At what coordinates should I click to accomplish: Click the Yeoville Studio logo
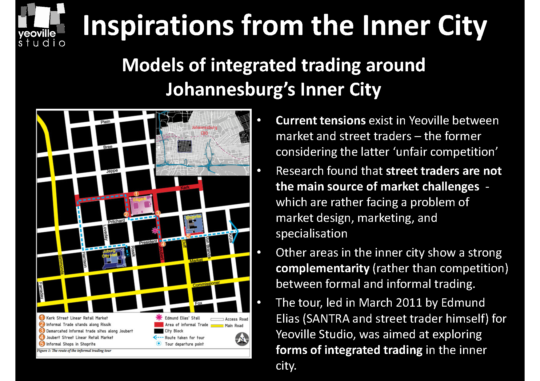click(x=42, y=25)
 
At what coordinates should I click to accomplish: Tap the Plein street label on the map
click(x=105, y=122)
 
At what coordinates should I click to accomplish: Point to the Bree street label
click(x=108, y=147)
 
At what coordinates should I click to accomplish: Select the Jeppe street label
click(x=112, y=171)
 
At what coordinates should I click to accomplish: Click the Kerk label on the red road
click(x=185, y=187)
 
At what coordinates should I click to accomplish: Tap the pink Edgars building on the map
click(x=141, y=205)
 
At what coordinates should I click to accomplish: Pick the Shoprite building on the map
click(x=194, y=224)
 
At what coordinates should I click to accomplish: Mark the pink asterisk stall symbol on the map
click(x=155, y=230)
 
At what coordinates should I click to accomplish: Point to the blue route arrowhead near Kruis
click(x=235, y=231)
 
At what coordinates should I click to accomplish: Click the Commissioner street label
click(x=206, y=284)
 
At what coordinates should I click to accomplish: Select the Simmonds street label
click(x=61, y=264)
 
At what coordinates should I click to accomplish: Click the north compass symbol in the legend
click(x=242, y=339)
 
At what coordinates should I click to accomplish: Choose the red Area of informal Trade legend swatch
click(x=158, y=324)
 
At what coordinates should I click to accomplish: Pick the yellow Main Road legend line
click(x=217, y=326)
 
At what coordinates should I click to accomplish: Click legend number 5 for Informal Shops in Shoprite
click(x=42, y=344)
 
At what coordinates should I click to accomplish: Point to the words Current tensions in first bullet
click(x=321, y=120)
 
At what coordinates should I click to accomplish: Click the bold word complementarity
click(x=322, y=268)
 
